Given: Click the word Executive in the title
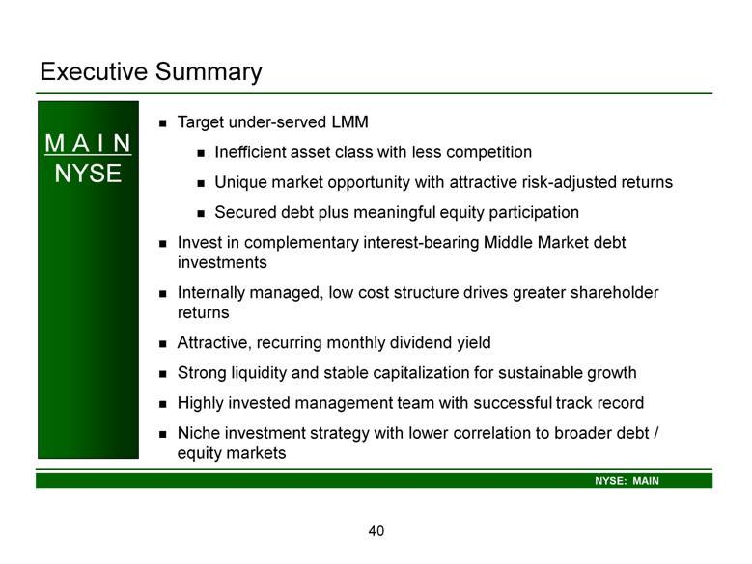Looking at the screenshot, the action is click(x=94, y=71).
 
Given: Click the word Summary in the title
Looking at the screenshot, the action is click(x=209, y=72).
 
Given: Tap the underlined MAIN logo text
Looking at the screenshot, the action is click(x=88, y=144).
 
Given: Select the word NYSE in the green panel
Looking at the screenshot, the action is click(x=88, y=173).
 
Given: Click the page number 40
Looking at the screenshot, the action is click(x=376, y=530).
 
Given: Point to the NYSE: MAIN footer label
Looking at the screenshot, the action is click(x=627, y=481).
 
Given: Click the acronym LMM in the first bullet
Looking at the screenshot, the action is click(x=349, y=122).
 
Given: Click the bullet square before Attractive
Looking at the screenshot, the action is click(x=163, y=344).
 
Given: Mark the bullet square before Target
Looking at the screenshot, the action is click(x=163, y=123).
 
